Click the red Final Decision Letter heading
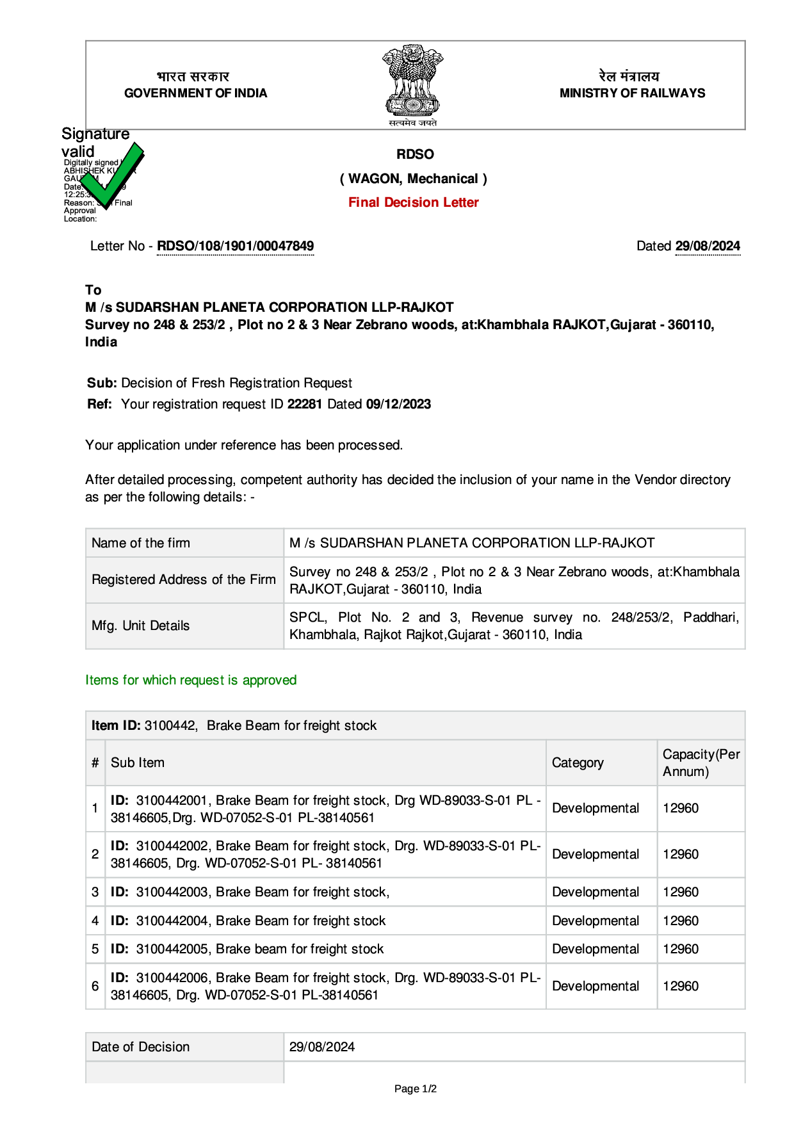pos(413,202)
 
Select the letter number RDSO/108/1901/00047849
pos(235,246)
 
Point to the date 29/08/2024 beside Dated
pos(708,246)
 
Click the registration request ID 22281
pos(304,404)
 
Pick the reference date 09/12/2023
pos(398,404)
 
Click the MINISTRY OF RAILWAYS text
pos(632,93)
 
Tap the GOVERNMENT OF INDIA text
pos(195,93)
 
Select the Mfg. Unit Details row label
pos(141,626)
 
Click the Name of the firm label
pos(141,543)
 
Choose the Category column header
pos(578,763)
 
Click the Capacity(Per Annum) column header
pos(701,763)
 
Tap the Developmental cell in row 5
pos(595,949)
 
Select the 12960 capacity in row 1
pos(681,808)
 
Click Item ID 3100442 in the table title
pos(170,725)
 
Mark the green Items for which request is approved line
pos(191,680)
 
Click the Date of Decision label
pos(141,1047)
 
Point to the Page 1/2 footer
pos(416,1088)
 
